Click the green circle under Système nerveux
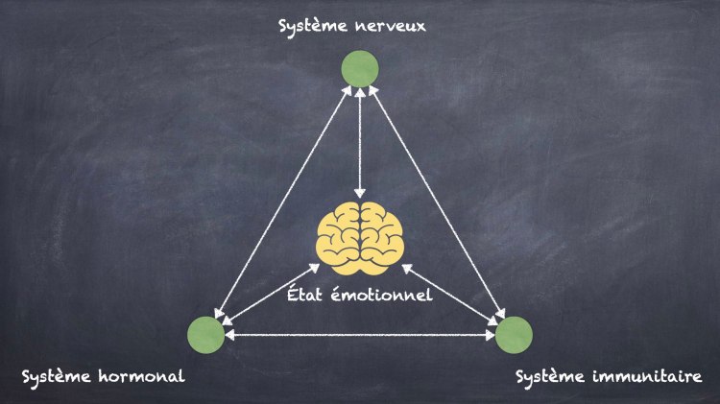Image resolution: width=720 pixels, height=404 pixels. pyautogui.click(x=360, y=68)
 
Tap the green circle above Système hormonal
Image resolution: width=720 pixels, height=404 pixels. pyautogui.click(x=205, y=334)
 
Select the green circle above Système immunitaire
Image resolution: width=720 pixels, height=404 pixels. pyautogui.click(x=514, y=334)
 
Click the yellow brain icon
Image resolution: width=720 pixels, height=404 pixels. pyautogui.click(x=360, y=233)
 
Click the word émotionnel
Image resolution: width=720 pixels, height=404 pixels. pyautogui.click(x=386, y=294)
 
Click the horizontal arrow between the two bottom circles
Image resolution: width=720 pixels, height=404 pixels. pyautogui.click(x=360, y=335)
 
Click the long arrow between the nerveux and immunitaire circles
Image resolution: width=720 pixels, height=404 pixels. pyautogui.click(x=437, y=202)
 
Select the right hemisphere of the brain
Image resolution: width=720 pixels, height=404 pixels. pyautogui.click(x=381, y=233)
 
